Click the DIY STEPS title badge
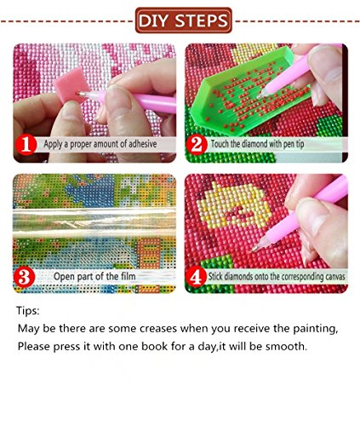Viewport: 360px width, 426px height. point(184,20)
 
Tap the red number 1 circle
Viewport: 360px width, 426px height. point(26,145)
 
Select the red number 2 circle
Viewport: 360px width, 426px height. point(197,145)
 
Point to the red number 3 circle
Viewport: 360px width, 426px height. point(24,277)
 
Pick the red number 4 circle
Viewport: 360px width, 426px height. point(196,277)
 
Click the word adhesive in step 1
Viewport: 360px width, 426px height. point(143,143)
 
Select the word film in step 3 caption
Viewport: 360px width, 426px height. point(128,276)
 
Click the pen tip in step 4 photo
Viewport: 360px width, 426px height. point(254,250)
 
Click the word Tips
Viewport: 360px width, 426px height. point(28,310)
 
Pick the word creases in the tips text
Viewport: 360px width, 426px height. point(158,329)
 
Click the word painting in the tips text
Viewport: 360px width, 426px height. point(316,329)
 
